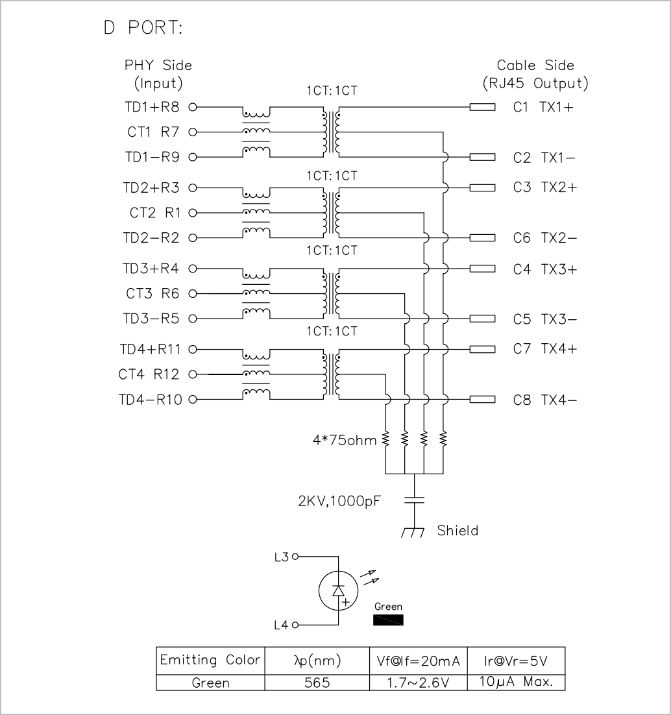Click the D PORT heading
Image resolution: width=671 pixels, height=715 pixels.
(143, 28)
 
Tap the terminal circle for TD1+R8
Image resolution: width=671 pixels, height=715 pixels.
(193, 107)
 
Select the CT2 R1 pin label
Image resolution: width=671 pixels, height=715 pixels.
(155, 213)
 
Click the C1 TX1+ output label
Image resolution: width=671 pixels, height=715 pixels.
(543, 107)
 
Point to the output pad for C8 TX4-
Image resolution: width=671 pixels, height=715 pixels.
(482, 400)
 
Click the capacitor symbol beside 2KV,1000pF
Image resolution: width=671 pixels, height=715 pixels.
(414, 500)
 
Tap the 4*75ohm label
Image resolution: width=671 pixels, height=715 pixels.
(345, 440)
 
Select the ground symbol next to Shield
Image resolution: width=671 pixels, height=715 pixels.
(413, 532)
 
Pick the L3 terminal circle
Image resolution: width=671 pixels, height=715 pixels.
(295, 556)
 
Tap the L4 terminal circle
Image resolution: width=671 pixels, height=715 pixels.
(295, 625)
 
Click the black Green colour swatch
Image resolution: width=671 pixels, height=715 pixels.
(388, 620)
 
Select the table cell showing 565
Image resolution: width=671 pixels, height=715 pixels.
(317, 683)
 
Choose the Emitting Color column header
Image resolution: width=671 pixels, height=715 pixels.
(210, 660)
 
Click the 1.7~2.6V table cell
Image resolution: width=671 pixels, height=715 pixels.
(419, 683)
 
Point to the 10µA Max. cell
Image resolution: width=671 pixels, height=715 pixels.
(516, 682)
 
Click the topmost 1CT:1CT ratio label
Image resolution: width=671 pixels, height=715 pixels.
(332, 91)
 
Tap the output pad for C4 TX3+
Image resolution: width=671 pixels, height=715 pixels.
(482, 269)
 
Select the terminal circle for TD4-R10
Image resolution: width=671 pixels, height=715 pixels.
(193, 400)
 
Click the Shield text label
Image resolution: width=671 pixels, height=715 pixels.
(457, 530)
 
